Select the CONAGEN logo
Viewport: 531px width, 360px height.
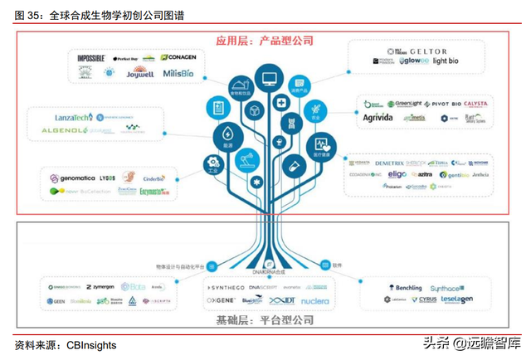(179, 57)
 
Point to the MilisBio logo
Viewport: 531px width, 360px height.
(178, 73)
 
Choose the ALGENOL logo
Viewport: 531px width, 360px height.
(69, 131)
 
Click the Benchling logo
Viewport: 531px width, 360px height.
(405, 287)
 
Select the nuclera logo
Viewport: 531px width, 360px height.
(314, 301)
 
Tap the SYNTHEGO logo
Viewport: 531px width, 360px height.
(226, 287)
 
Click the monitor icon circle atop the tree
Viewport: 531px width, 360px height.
(269, 79)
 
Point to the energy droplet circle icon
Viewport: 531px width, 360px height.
(227, 135)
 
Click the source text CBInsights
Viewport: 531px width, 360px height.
(91, 344)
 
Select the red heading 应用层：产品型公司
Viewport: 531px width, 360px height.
(265, 40)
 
